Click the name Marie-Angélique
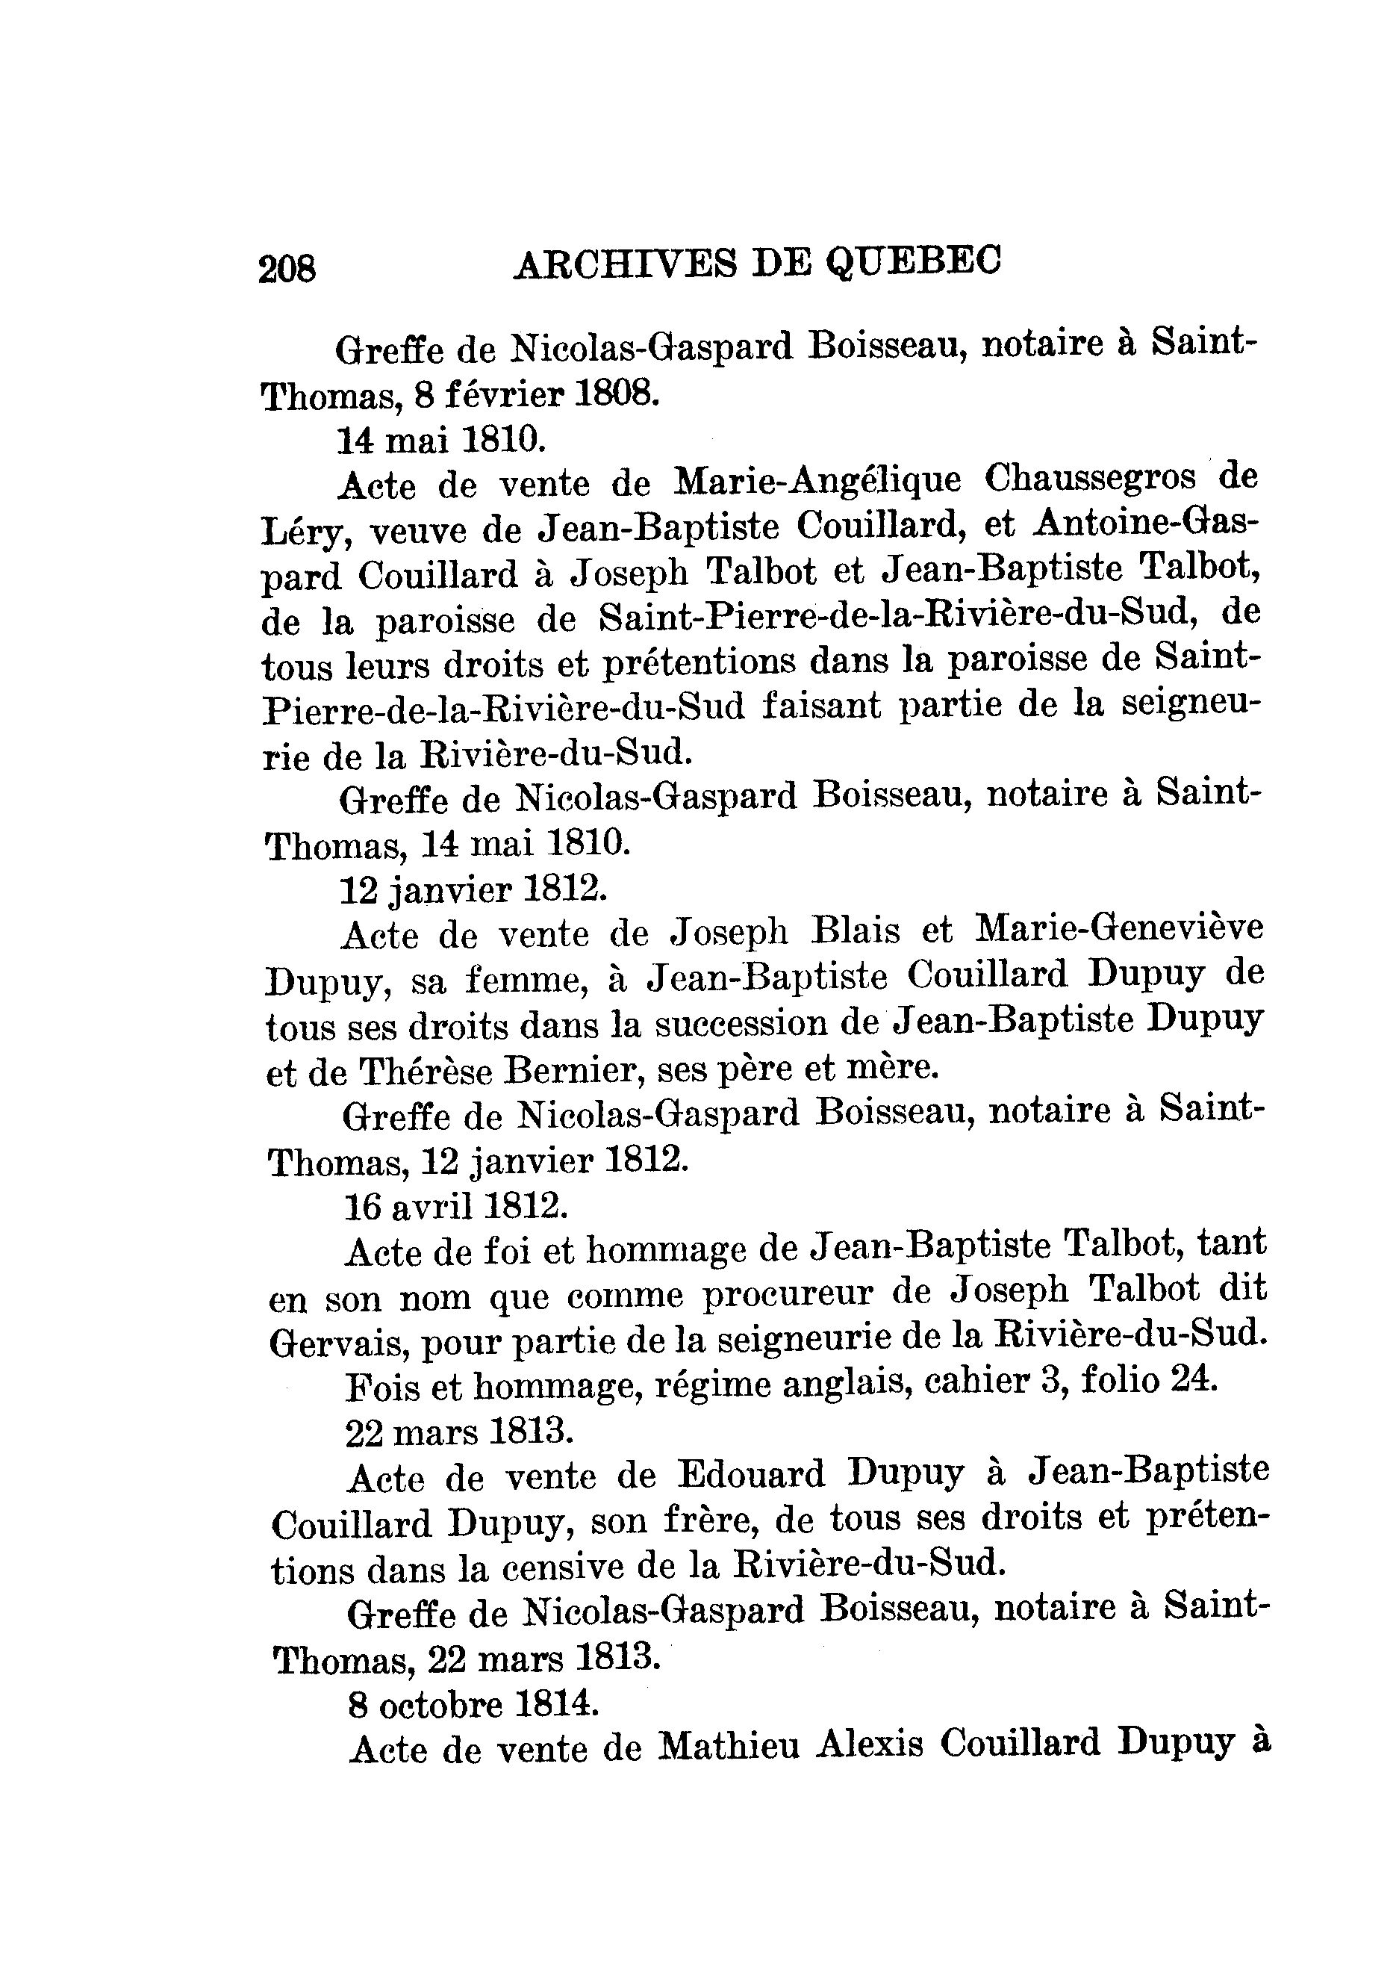pos(817,480)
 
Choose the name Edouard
pos(750,1474)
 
